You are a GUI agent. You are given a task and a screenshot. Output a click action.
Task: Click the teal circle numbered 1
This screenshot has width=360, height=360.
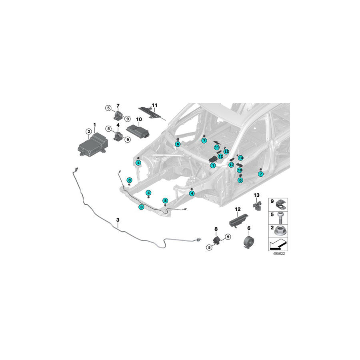(x=213, y=165)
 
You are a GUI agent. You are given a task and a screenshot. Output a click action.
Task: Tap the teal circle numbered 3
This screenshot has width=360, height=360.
(x=142, y=207)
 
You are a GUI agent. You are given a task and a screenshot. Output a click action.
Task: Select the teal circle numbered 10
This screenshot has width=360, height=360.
(x=240, y=170)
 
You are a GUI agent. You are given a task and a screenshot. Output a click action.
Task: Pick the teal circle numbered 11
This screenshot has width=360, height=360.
(x=217, y=148)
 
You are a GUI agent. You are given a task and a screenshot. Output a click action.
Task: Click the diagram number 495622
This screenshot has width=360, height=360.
(x=279, y=254)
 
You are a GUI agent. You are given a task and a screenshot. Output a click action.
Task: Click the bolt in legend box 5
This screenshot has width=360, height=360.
(x=280, y=218)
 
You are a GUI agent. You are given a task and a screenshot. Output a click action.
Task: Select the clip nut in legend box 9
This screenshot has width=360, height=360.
(x=281, y=204)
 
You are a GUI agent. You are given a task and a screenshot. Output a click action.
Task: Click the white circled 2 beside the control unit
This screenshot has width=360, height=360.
(x=89, y=132)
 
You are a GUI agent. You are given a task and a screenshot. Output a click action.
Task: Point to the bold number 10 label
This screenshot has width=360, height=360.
(x=139, y=119)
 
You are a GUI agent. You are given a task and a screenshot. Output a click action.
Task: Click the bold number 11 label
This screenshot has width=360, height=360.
(x=155, y=105)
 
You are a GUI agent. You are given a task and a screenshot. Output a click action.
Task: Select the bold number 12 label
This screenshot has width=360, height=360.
(x=238, y=209)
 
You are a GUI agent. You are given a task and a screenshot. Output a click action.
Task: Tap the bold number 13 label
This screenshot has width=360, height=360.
(x=256, y=195)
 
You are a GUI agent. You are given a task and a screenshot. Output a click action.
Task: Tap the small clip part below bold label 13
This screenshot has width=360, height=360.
(x=257, y=205)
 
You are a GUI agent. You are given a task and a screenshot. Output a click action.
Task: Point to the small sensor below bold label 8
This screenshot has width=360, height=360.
(x=217, y=240)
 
